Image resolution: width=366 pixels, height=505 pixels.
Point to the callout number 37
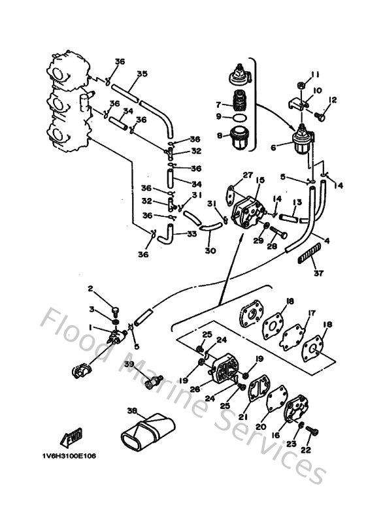coord(318,272)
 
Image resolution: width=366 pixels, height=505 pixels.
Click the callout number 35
coord(142,74)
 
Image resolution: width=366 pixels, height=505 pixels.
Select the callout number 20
coord(261,426)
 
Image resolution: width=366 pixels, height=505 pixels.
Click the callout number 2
coord(91,288)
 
